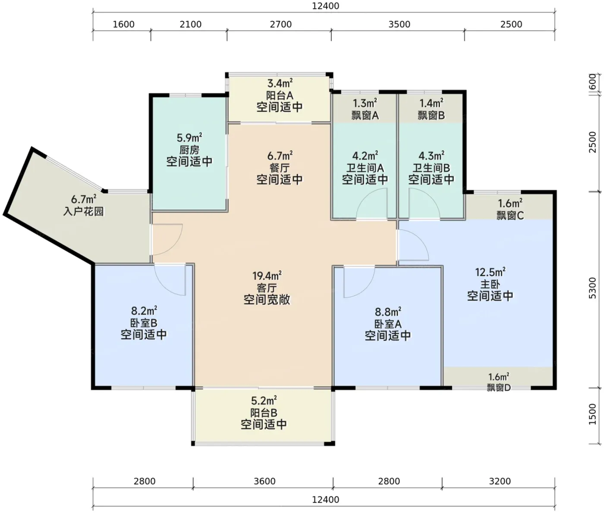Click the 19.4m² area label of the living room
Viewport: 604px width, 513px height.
tap(267, 275)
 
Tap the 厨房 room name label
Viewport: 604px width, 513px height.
tap(189, 150)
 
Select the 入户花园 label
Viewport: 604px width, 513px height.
tap(84, 211)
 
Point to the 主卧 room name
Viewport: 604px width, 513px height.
tap(490, 285)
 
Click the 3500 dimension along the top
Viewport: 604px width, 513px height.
tap(399, 24)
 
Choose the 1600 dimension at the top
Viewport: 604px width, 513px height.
tap(124, 24)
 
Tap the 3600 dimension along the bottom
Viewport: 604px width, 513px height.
tap(264, 481)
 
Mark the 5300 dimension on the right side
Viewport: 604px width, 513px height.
tap(592, 288)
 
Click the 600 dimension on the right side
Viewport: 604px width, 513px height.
tap(592, 82)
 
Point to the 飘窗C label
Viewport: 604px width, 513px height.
tap(510, 216)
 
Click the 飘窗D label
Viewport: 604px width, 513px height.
tap(498, 388)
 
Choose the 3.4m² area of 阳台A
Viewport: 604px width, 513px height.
tap(280, 84)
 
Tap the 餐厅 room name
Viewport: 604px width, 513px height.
tap(280, 168)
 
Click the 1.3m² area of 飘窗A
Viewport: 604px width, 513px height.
tap(365, 103)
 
